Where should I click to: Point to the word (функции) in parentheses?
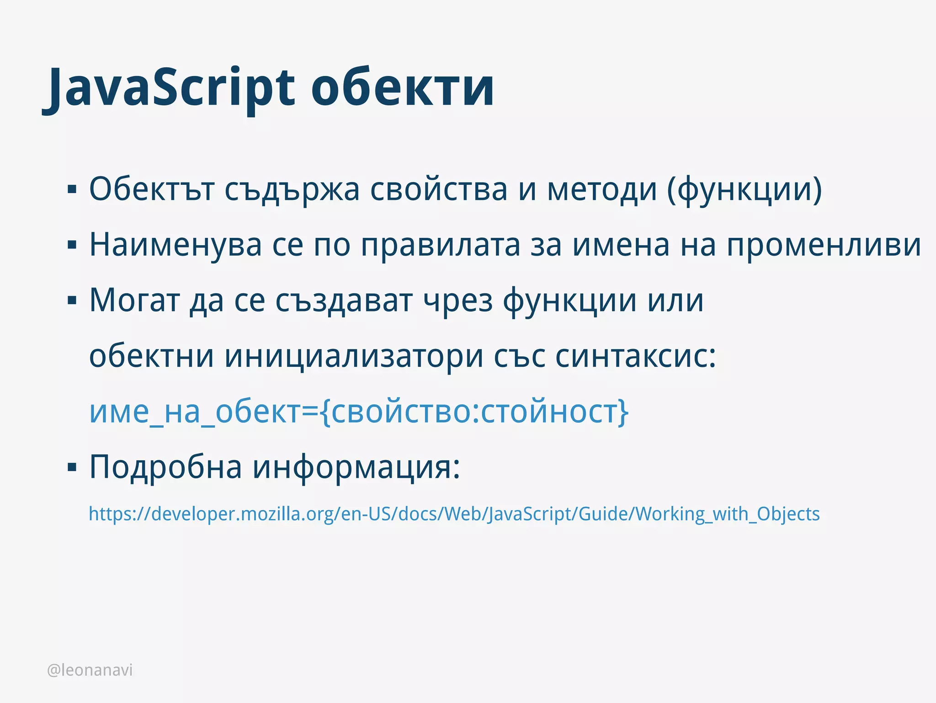tap(744, 189)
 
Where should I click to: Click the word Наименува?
tap(175, 245)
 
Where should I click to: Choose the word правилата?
tap(441, 245)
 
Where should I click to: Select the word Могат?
tap(133, 301)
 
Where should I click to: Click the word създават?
tap(344, 301)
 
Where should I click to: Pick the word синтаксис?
tap(635, 356)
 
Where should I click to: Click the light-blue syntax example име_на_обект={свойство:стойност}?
tap(359, 412)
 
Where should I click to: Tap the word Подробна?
tap(165, 467)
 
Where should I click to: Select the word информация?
tap(356, 467)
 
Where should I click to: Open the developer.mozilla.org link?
tap(454, 514)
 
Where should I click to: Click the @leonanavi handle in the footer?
tap(90, 670)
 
